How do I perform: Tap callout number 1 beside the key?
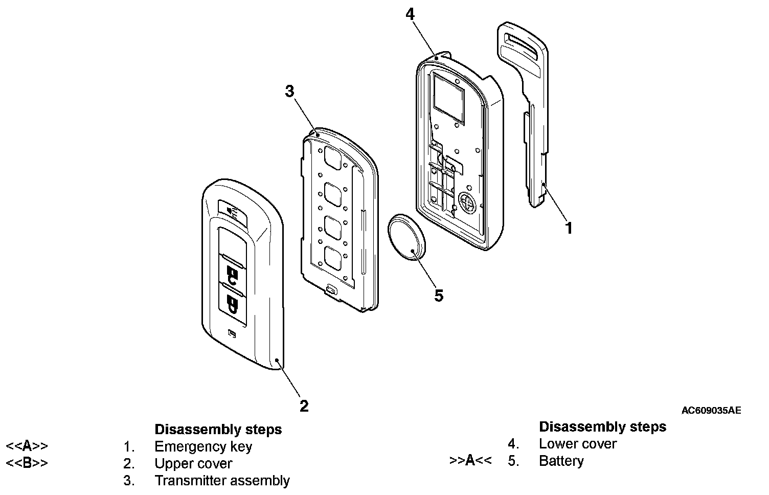click(569, 228)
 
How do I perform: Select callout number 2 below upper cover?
click(304, 406)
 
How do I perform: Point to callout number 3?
click(289, 92)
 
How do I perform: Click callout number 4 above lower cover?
click(410, 14)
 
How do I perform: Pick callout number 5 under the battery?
click(439, 296)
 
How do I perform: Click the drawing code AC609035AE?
click(711, 410)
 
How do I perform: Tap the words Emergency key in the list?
click(203, 446)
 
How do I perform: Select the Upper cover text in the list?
click(193, 464)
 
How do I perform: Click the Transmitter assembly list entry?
click(222, 481)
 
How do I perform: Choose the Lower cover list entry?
click(578, 444)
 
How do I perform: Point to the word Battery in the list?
click(561, 461)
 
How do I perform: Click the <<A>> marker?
click(27, 446)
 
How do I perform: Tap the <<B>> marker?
click(27, 464)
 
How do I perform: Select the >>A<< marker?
click(470, 461)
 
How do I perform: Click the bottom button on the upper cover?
click(233, 305)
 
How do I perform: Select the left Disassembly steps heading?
click(218, 429)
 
